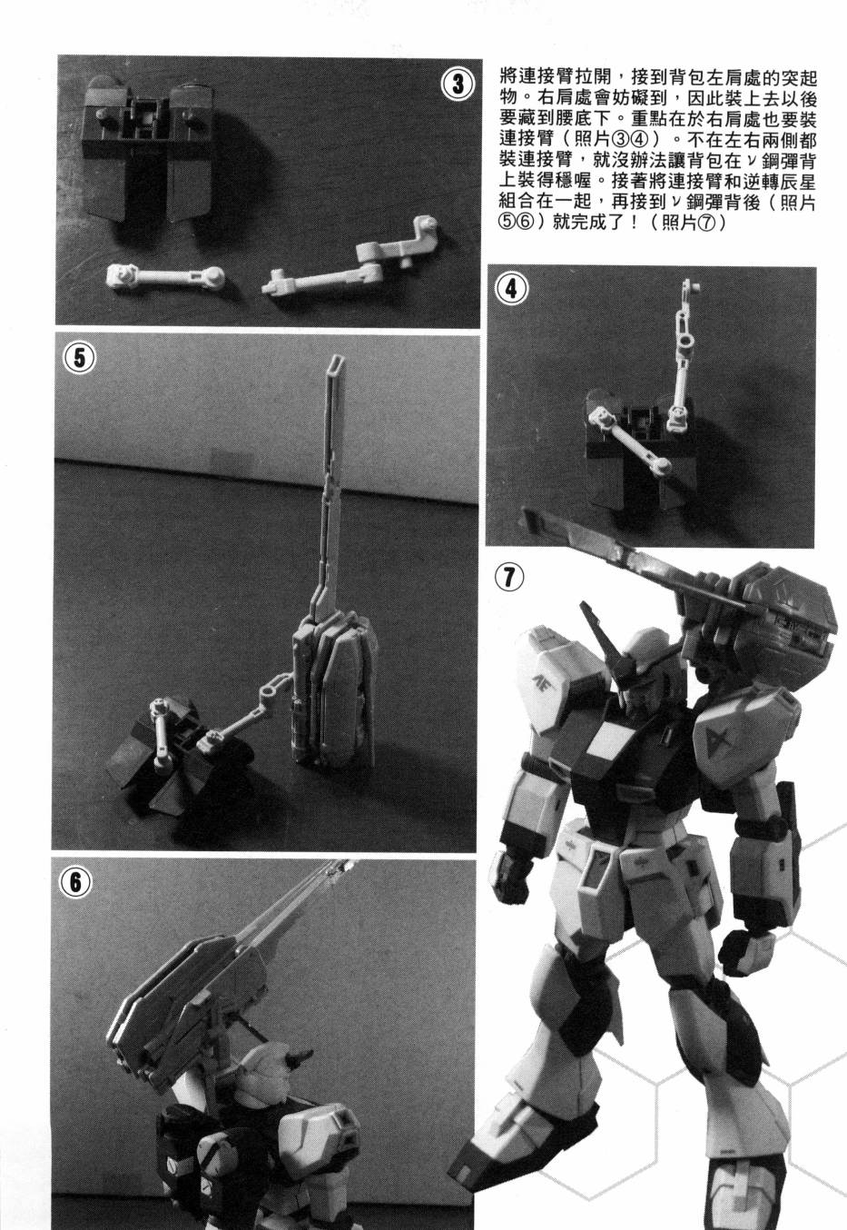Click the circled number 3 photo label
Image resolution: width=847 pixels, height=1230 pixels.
coord(458,84)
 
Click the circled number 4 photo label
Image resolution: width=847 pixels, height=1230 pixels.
coord(511,289)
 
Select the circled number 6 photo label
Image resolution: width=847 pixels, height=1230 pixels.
coord(75,882)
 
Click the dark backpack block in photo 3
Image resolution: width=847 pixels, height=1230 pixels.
coord(148,148)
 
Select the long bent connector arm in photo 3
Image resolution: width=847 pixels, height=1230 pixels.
coord(351,258)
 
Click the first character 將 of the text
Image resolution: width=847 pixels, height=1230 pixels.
coord(509,77)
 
